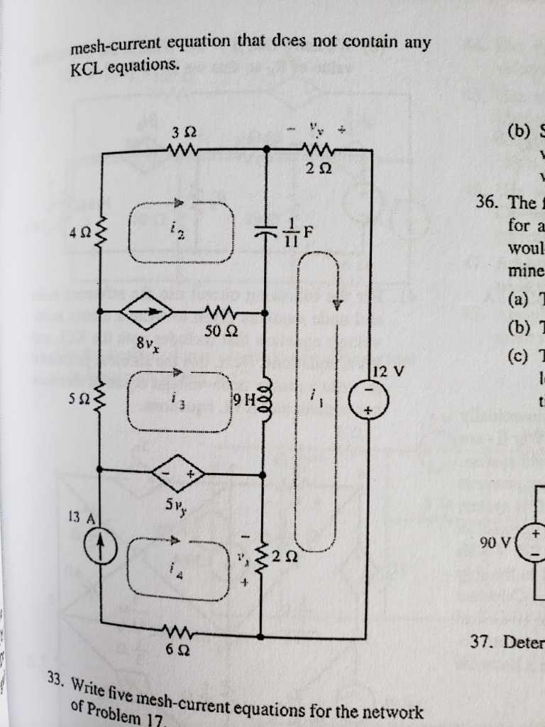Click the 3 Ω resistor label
pyautogui.click(x=179, y=131)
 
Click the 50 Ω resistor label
pyautogui.click(x=215, y=332)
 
